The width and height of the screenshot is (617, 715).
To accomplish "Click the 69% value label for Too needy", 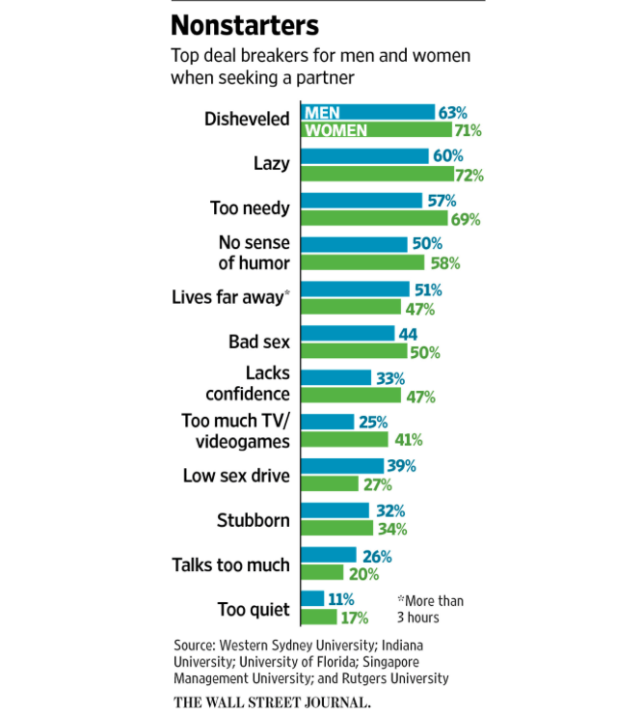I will (x=467, y=218).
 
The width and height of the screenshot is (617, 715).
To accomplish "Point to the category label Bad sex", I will (x=258, y=342).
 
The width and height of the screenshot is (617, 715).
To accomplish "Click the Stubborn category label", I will (x=254, y=520).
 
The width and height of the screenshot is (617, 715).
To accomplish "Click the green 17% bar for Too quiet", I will (x=318, y=617).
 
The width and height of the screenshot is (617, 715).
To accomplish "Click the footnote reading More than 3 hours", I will (x=431, y=609).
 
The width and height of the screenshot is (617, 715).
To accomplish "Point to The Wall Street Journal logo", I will (x=272, y=701).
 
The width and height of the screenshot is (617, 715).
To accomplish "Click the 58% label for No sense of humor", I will (x=444, y=262).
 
